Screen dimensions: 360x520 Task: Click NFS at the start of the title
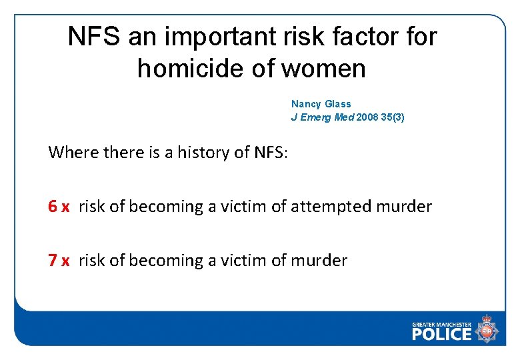point(93,37)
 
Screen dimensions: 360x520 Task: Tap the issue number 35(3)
point(393,117)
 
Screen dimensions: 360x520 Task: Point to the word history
point(203,153)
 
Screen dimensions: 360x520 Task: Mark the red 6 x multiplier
point(59,207)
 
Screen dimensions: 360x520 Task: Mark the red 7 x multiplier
point(59,260)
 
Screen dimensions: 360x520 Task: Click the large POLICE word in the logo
point(442,334)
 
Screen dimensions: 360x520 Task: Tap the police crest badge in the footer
point(487,330)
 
